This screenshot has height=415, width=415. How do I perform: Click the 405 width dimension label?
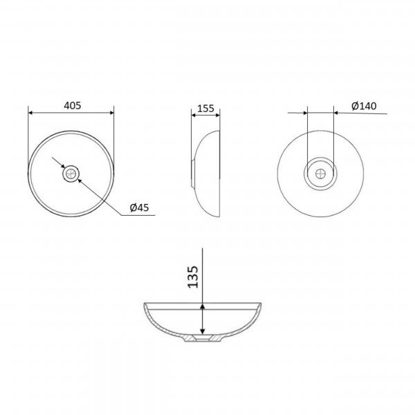tap(72, 106)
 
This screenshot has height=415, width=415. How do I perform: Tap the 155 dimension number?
tap(205, 109)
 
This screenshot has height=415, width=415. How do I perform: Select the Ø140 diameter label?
tap(364, 106)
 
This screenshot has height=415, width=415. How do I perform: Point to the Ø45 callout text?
tap(139, 207)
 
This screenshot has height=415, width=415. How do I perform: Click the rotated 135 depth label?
tap(193, 277)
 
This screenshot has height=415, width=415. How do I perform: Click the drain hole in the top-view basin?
tap(71, 174)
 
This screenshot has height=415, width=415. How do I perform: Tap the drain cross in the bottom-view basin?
tap(320, 174)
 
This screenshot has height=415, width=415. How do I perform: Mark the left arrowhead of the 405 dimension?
tap(30, 113)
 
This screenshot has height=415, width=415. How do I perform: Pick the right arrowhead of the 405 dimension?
tap(111, 113)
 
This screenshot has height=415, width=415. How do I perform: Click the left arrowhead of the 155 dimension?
tap(193, 115)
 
